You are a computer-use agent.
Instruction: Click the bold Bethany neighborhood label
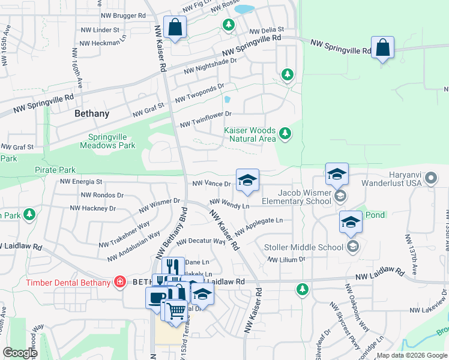92,113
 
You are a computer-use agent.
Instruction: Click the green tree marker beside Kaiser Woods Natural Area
285,134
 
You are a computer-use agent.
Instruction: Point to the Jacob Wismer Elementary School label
297,197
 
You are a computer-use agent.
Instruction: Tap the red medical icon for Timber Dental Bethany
119,282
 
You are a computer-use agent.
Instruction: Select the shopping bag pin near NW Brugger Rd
175,27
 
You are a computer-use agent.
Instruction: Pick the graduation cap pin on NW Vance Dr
247,180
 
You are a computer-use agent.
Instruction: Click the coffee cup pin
157,298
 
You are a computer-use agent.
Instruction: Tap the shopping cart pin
176,311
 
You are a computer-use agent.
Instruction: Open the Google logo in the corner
20,353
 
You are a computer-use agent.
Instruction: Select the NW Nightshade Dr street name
210,65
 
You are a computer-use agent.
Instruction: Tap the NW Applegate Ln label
259,226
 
